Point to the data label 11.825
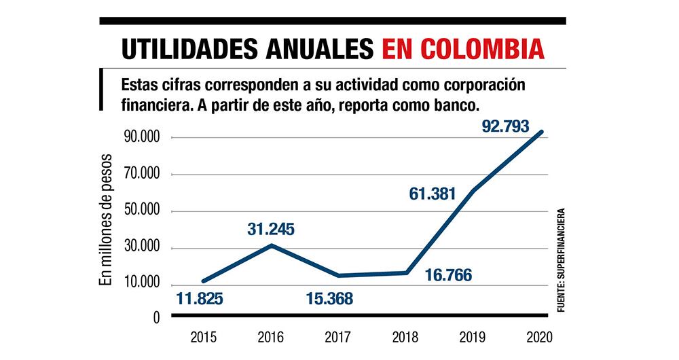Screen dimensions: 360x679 tap(200, 298)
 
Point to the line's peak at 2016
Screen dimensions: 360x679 tap(272, 245)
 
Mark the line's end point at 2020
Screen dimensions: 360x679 tap(542, 132)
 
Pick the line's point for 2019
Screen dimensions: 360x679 tap(472, 190)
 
